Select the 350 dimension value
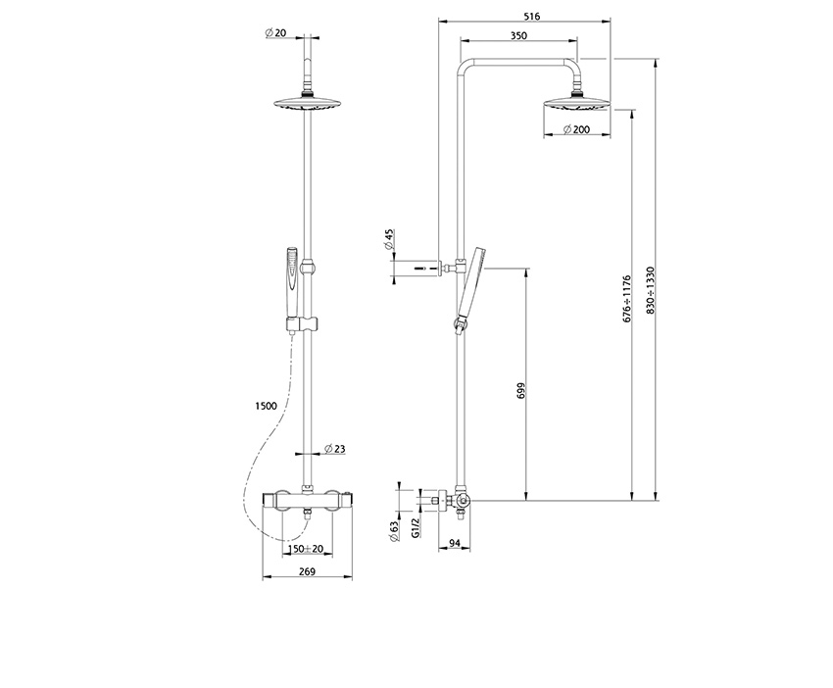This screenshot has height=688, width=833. [x=519, y=35]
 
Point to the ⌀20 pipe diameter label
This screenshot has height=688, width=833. [x=275, y=33]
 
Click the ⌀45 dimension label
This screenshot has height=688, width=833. [x=389, y=238]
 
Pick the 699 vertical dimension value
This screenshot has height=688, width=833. [x=521, y=389]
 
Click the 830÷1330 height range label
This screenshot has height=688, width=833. [x=650, y=290]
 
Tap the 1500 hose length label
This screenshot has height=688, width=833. [x=265, y=405]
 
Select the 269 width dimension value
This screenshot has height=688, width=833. [x=306, y=571]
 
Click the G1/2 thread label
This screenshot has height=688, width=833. [x=416, y=529]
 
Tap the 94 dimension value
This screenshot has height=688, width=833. [x=455, y=541]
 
